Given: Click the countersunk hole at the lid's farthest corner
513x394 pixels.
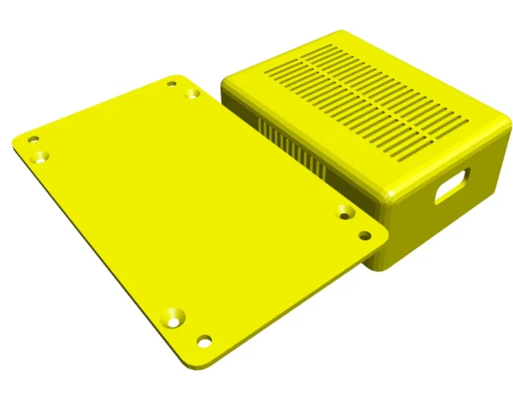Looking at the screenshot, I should pos(191,94).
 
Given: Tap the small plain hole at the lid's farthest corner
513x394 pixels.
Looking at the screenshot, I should pos(172,83).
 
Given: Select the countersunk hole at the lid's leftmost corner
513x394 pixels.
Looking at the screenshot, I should pos(42,157).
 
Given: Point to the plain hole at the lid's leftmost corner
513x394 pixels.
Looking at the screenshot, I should pos(32,139).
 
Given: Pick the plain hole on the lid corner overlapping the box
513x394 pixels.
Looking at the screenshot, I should pos(365,235).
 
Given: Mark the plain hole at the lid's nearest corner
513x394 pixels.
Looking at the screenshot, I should pos(204,341).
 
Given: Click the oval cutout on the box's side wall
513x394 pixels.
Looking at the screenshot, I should pos(452,185).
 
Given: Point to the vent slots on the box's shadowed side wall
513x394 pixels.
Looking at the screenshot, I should pos(294,147).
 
